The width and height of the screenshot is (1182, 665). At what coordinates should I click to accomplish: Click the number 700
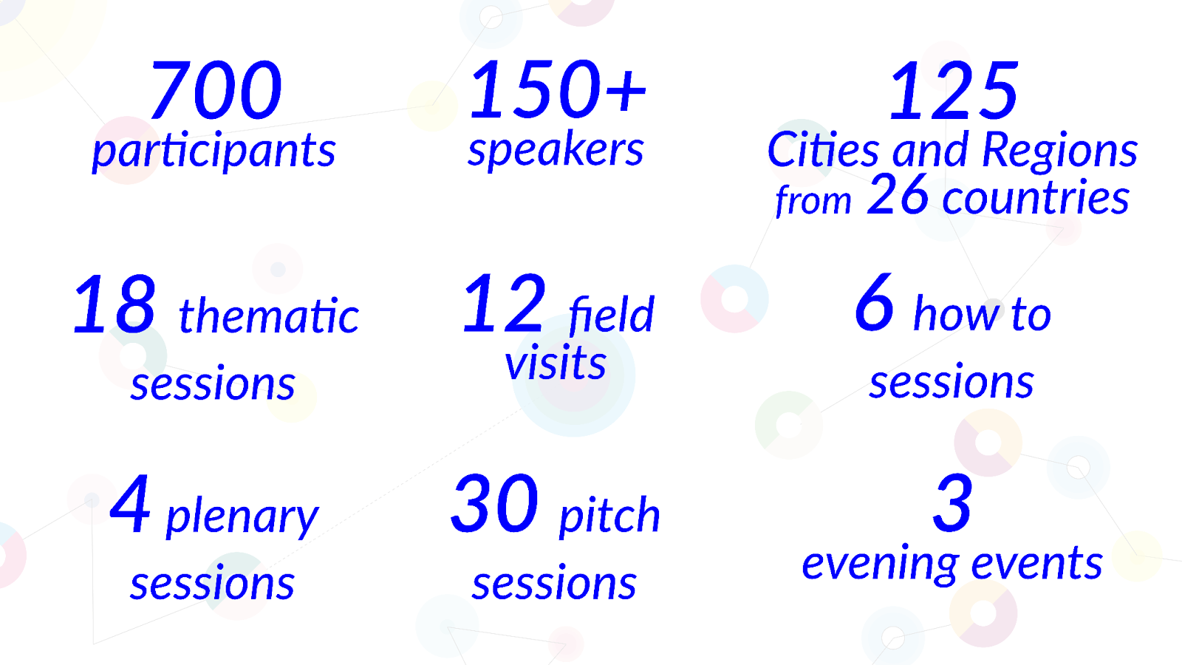[x=216, y=89]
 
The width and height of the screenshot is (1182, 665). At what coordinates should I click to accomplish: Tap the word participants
[x=213, y=151]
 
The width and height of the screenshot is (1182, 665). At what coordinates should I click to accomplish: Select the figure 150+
[x=557, y=89]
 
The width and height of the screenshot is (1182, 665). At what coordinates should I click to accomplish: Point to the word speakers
[x=556, y=151]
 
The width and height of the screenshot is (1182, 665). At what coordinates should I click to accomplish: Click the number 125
[x=953, y=90]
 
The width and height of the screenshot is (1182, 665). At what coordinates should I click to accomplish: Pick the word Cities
[x=823, y=150]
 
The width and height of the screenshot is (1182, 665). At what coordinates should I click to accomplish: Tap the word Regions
[x=1059, y=152]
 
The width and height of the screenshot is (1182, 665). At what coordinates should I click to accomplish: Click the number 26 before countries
[x=898, y=195]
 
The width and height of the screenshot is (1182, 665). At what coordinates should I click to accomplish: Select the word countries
[x=1036, y=197]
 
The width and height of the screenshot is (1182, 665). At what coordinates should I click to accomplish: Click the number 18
[x=115, y=304]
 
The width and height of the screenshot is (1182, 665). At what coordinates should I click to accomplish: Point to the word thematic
[x=269, y=316]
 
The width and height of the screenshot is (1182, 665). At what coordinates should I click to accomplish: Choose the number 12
[x=504, y=304]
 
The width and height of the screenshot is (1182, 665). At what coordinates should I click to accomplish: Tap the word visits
[x=556, y=362]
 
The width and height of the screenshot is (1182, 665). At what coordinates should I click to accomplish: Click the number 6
[x=875, y=303]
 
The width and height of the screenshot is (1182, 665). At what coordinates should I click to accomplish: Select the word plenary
[x=242, y=518]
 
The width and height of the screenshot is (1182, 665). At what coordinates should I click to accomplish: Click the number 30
[x=494, y=503]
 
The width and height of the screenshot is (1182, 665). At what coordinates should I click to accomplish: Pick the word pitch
[x=609, y=515]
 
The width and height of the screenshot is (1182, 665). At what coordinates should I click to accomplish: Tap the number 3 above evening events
[x=952, y=503]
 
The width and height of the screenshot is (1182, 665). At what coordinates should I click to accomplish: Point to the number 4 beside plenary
[x=130, y=503]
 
